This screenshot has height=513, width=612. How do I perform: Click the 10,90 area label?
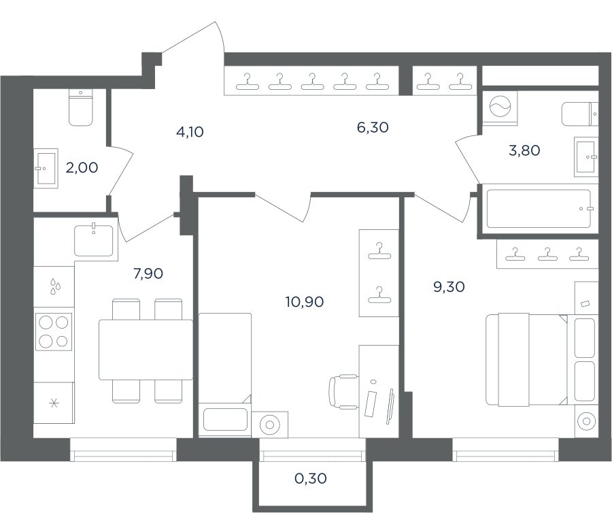(x=305, y=302)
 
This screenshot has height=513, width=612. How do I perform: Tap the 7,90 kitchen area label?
(x=148, y=274)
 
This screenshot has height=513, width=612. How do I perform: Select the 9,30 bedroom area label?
(x=449, y=287)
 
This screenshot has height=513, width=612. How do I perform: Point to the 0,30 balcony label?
(x=311, y=478)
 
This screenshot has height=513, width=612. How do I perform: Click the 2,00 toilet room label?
(x=82, y=168)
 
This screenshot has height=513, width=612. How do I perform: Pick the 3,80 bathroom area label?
(x=524, y=150)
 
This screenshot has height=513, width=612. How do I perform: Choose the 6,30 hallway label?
(x=373, y=127)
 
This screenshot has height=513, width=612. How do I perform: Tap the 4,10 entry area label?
(x=190, y=132)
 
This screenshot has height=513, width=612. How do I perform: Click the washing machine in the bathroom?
(x=500, y=108)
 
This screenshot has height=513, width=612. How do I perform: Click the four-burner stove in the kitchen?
(x=54, y=332)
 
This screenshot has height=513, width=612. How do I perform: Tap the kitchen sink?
(x=94, y=239)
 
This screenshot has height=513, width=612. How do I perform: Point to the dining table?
(x=146, y=350)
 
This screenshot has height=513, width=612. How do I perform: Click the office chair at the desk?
(x=344, y=392)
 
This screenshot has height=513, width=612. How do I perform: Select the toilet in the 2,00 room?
(x=81, y=107)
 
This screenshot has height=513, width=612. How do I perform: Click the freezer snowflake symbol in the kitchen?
(x=54, y=403)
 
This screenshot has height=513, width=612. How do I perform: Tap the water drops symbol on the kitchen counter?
(x=55, y=286)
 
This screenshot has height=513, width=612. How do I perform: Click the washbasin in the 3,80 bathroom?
(x=586, y=157)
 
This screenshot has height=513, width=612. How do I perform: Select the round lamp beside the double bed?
(x=586, y=421)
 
